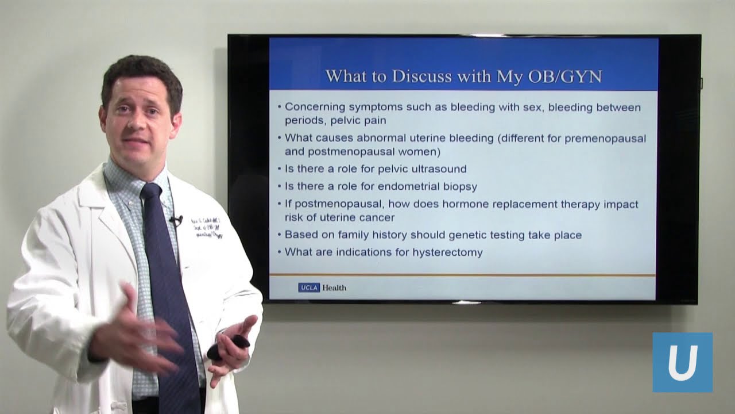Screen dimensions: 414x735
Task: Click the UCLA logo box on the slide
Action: click(x=309, y=287)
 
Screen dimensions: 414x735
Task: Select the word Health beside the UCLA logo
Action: click(x=334, y=287)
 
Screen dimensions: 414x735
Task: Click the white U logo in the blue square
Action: click(x=682, y=362)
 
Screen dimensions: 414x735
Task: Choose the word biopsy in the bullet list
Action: click(x=458, y=186)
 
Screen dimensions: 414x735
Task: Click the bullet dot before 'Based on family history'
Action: click(x=280, y=235)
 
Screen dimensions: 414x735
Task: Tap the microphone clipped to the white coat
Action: click(x=176, y=220)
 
